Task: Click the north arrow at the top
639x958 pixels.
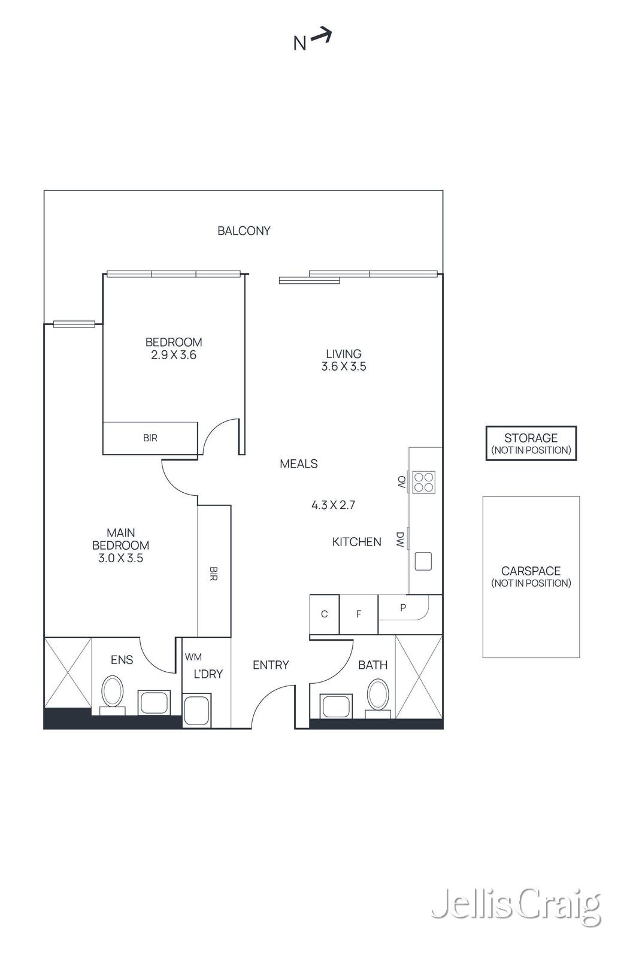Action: (x=321, y=37)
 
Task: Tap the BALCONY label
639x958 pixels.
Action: (x=244, y=231)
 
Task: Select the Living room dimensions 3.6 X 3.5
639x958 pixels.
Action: (x=344, y=366)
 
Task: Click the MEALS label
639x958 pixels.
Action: (x=299, y=463)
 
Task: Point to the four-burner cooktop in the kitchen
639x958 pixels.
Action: (x=424, y=483)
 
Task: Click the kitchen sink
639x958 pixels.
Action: (x=423, y=561)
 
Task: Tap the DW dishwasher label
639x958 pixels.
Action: (x=400, y=539)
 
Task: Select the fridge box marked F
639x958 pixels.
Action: (x=359, y=614)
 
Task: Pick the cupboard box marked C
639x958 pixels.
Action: (x=324, y=614)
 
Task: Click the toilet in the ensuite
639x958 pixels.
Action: (x=112, y=692)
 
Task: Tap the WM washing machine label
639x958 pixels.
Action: (x=193, y=657)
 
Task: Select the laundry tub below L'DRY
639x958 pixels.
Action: (x=196, y=710)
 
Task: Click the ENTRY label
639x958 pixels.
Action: (x=271, y=665)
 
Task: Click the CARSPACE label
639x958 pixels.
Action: (x=531, y=571)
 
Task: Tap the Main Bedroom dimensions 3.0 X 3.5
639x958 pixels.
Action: (x=120, y=558)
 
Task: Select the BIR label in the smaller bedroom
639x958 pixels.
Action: (x=150, y=438)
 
